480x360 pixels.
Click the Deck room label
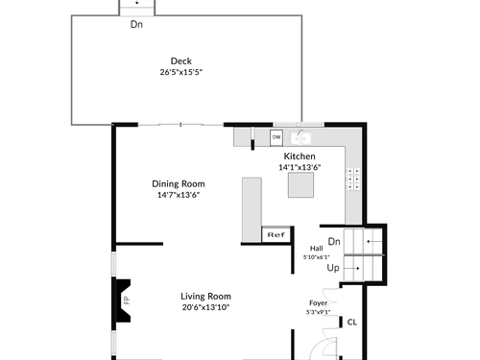pos(181,61)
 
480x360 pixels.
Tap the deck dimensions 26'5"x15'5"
pos(181,72)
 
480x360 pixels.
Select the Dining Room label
pos(179,184)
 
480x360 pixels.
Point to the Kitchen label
pos(300,156)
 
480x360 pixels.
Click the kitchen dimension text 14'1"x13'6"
pos(300,167)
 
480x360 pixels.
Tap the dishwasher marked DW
pos(276,137)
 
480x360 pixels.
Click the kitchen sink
pos(300,138)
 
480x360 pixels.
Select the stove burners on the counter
pos(353,179)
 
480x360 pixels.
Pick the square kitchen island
pos(300,185)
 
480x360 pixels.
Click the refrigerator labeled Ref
pos(276,234)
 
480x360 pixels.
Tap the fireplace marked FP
pos(123,300)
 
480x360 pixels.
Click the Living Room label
pos(205,297)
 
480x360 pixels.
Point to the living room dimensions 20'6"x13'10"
pos(205,307)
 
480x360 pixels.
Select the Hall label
pos(316,249)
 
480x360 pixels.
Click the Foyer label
pos(318,302)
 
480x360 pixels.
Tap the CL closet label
pos(352,323)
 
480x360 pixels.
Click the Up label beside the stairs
pos(333,268)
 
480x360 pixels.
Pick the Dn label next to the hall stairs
pos(334,241)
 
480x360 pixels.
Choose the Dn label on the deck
pos(136,24)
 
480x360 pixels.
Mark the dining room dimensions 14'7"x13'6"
pos(179,195)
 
